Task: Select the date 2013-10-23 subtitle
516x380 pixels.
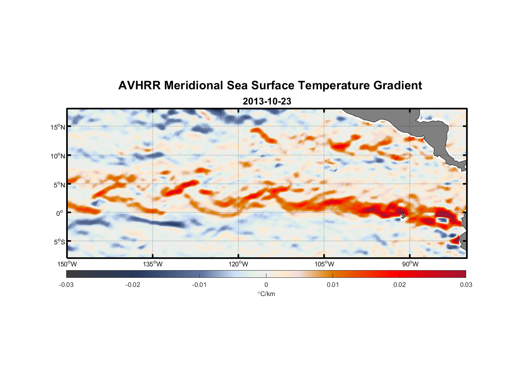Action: [267, 101]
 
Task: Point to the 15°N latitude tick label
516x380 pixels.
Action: [58, 127]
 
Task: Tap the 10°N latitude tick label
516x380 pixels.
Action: [58, 156]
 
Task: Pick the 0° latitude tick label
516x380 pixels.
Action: [60, 214]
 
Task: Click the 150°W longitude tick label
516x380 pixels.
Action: [67, 264]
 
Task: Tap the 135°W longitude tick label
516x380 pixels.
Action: [153, 264]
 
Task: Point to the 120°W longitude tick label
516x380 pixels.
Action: [238, 264]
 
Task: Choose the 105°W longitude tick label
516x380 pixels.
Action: [324, 264]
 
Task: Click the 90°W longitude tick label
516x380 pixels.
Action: [410, 264]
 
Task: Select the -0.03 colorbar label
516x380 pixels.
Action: [66, 285]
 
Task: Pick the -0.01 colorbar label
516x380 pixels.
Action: [199, 285]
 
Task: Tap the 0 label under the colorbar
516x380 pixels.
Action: [266, 285]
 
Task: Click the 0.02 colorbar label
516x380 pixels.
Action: [399, 285]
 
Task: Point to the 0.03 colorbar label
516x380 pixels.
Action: [466, 285]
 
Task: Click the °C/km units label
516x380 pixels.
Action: [266, 294]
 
